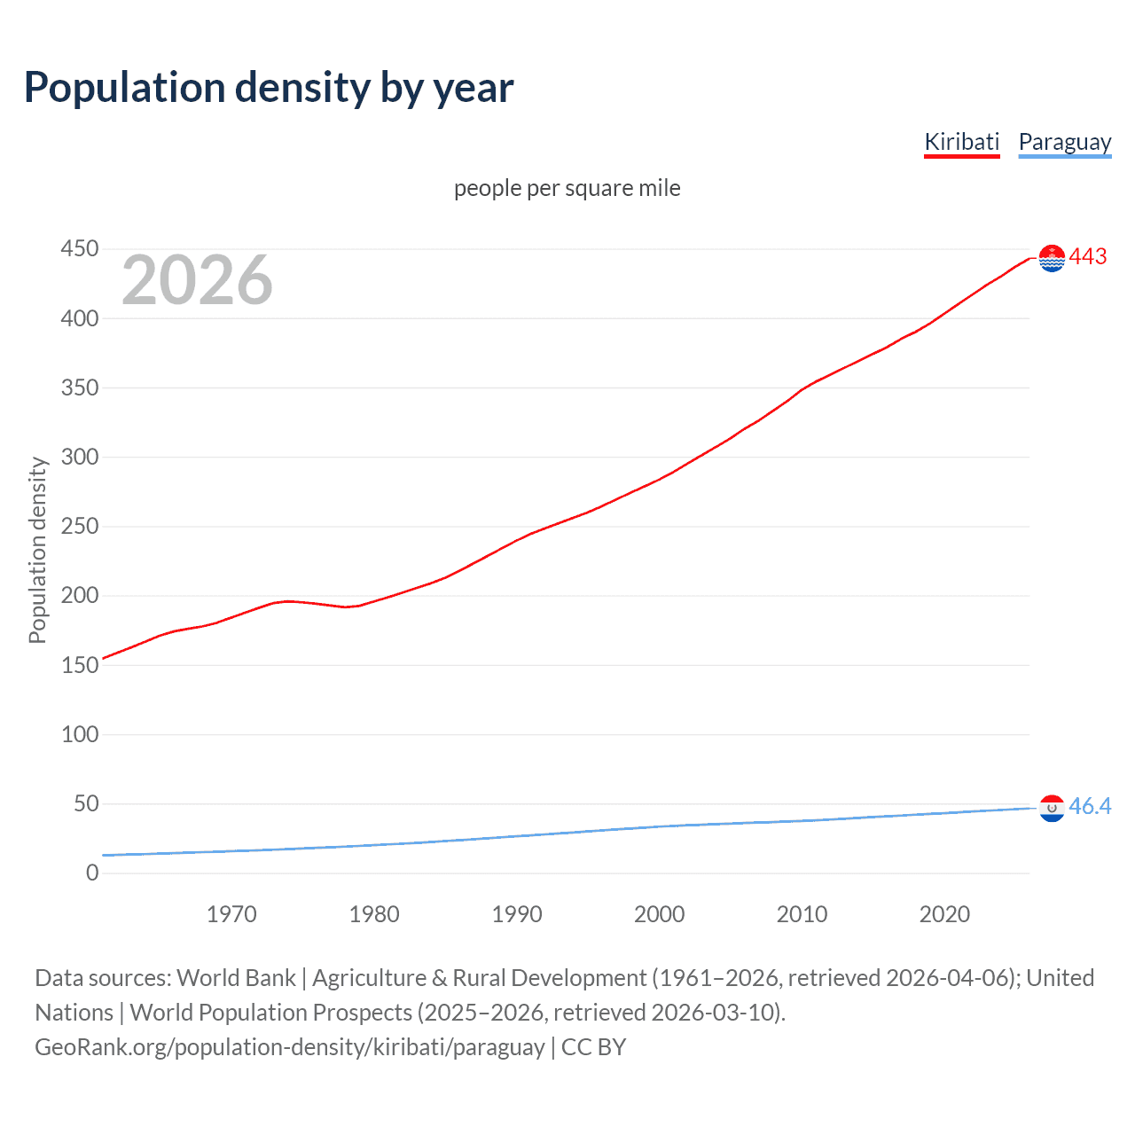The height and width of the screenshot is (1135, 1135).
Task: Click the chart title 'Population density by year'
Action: (x=269, y=88)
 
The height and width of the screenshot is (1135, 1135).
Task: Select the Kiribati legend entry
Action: (x=961, y=142)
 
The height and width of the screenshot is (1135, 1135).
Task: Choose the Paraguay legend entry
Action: (x=1064, y=142)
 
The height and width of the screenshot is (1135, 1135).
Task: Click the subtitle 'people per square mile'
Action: (x=567, y=188)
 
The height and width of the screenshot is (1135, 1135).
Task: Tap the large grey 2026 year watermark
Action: (x=197, y=280)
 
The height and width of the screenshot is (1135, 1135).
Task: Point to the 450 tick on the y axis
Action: (x=80, y=249)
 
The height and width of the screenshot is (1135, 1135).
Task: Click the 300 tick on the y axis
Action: (x=80, y=458)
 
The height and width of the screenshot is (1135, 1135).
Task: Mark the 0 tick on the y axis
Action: (x=92, y=873)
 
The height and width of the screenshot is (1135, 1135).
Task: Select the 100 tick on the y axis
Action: (x=80, y=734)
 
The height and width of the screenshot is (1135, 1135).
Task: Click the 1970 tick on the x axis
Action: (x=231, y=914)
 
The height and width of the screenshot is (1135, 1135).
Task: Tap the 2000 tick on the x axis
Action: (x=659, y=914)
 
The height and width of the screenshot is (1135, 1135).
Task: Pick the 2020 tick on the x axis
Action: (x=944, y=914)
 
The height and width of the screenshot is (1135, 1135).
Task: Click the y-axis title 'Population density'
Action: (x=37, y=550)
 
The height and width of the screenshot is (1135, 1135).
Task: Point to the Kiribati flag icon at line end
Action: (x=1052, y=258)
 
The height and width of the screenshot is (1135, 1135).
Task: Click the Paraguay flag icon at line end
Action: (x=1052, y=808)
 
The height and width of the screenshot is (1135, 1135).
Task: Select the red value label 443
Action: (x=1088, y=256)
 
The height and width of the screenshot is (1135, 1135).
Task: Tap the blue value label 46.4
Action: (x=1090, y=806)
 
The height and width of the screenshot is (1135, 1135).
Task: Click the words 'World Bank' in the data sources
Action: (x=236, y=978)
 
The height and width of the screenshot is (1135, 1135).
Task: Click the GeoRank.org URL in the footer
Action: (x=289, y=1047)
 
